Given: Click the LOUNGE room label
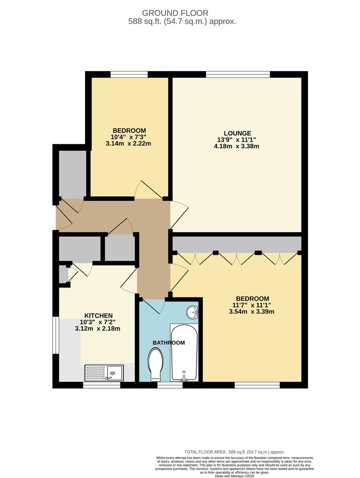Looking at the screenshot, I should click(237, 133).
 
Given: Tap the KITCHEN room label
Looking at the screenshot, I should click(93, 315).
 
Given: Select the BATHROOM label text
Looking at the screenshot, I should click(169, 343).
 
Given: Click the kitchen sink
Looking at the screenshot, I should click(105, 373).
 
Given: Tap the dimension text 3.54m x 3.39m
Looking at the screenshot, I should click(252, 312).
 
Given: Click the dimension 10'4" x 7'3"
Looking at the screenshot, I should click(129, 137).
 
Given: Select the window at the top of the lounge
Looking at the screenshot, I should click(238, 74).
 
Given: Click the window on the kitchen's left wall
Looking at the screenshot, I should click(55, 335).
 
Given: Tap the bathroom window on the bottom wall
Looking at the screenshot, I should click(170, 385).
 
